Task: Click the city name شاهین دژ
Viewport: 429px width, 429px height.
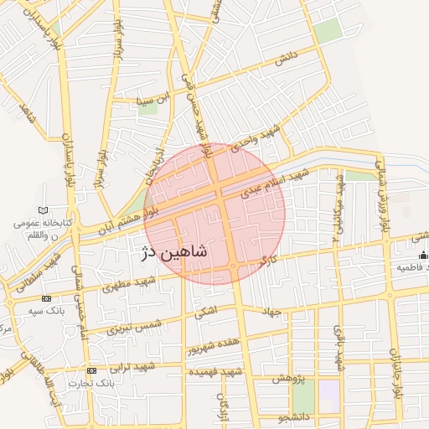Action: (x=172, y=250)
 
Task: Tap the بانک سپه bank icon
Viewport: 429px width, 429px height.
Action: (x=47, y=298)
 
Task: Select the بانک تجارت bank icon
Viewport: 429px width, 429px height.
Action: (x=91, y=370)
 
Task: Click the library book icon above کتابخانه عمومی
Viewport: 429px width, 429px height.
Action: (x=43, y=209)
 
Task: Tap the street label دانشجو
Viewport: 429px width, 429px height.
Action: (x=297, y=415)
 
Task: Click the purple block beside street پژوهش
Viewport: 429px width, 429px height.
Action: (x=329, y=395)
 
